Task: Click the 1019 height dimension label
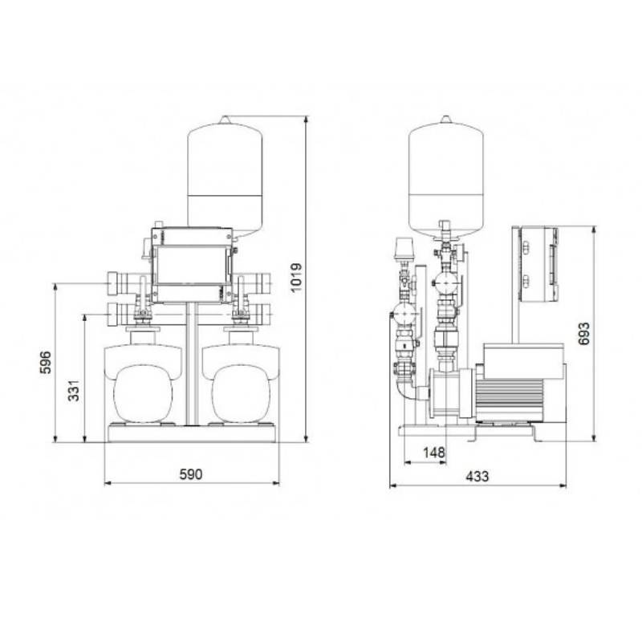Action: (297, 278)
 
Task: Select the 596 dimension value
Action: (46, 362)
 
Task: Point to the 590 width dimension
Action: (190, 473)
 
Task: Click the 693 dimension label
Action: (583, 334)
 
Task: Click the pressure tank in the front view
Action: (227, 175)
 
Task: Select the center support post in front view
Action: (191, 361)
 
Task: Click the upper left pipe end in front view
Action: (112, 282)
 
